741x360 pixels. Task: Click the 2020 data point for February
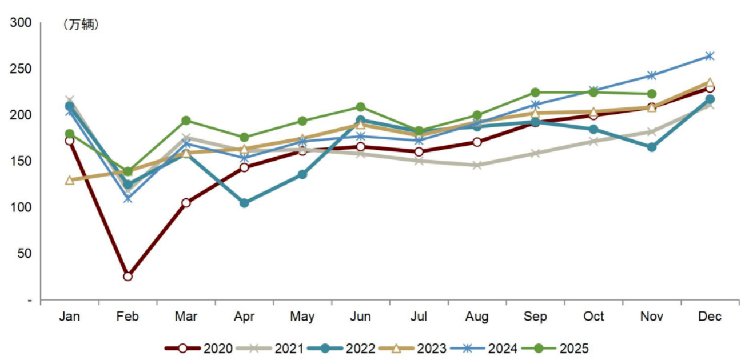(x=128, y=277)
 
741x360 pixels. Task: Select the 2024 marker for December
(x=710, y=56)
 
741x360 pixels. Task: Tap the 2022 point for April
(x=244, y=203)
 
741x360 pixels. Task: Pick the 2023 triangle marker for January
(x=70, y=181)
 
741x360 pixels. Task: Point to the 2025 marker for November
(x=651, y=94)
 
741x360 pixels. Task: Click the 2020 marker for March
(x=186, y=203)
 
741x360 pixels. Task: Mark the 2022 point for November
(x=651, y=147)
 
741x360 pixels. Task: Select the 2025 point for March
(x=186, y=121)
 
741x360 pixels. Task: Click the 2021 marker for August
(x=477, y=166)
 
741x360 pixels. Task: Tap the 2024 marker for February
(x=128, y=199)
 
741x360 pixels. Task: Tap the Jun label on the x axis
(x=360, y=317)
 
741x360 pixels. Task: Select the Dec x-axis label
(x=710, y=317)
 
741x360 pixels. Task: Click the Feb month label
(x=128, y=317)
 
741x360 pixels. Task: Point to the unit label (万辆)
(x=80, y=25)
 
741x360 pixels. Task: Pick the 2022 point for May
(x=302, y=174)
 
